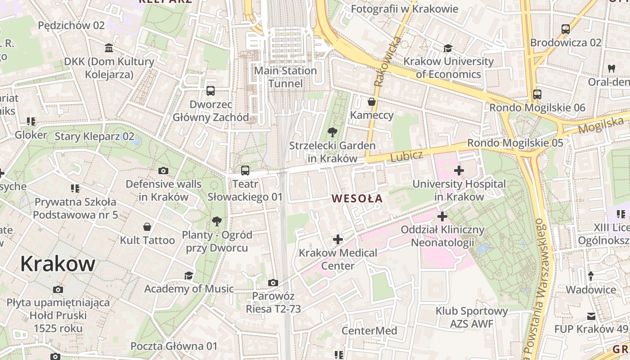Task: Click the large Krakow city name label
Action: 58,264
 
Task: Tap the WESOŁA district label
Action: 357,198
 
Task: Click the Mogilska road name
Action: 602,124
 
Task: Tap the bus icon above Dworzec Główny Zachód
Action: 210,91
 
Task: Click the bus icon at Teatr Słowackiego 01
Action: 245,171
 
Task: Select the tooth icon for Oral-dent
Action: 611,69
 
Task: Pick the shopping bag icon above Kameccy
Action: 372,102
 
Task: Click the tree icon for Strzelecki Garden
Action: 332,132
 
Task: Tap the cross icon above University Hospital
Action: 459,171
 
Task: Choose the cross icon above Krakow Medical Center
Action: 337,239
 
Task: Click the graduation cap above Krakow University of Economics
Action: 448,48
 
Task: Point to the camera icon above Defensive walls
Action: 163,171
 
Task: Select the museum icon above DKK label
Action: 108,48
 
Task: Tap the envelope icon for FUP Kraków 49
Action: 591,316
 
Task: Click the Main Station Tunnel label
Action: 285,77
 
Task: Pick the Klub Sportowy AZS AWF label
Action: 471,317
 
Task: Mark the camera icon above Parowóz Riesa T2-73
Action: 273,283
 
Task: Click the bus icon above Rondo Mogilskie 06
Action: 537,94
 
